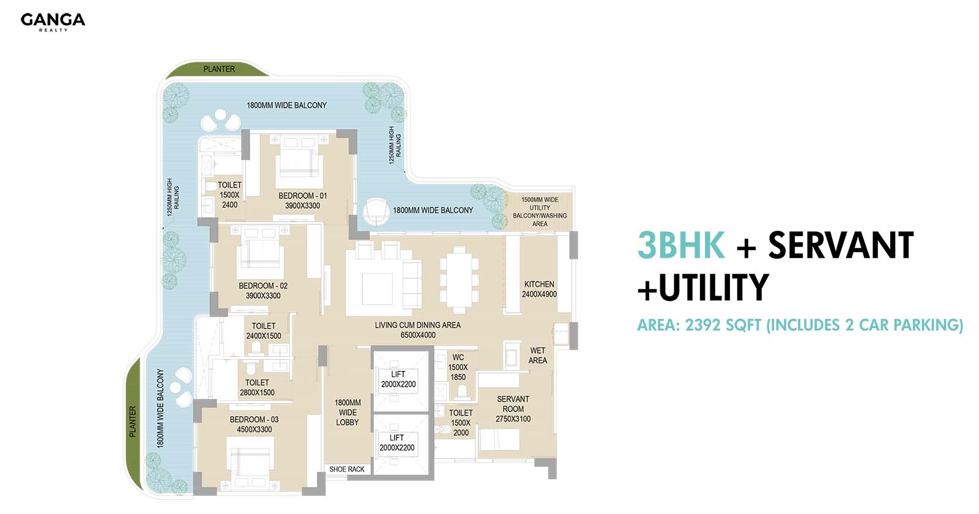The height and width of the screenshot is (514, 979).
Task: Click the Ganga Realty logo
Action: coord(53,22)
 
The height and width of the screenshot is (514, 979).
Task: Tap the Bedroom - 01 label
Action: coord(302,201)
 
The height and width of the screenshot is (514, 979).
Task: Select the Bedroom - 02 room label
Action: coord(263,291)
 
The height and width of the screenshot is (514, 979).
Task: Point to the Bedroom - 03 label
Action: coord(255,425)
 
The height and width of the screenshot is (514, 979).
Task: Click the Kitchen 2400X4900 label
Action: coord(539,289)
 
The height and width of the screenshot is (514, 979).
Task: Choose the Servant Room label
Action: coord(513,409)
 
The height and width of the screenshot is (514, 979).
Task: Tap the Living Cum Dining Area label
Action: coord(418,330)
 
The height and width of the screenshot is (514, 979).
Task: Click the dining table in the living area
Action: coord(459,280)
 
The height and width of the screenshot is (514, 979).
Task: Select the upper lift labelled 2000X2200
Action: coord(398,379)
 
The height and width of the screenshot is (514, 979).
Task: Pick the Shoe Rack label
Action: coord(347,469)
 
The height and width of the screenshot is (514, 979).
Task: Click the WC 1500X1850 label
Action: coord(458,367)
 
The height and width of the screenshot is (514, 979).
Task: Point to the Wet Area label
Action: coord(538,356)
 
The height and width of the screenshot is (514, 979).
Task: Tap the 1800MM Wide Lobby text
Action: coord(348,412)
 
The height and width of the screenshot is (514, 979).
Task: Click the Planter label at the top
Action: coord(219,69)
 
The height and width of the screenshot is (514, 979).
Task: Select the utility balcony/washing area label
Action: coord(540,212)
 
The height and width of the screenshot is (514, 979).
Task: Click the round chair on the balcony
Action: coord(376,212)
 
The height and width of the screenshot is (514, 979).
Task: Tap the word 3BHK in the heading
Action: coord(682,245)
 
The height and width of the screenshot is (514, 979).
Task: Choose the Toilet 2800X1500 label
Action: coord(257,387)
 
